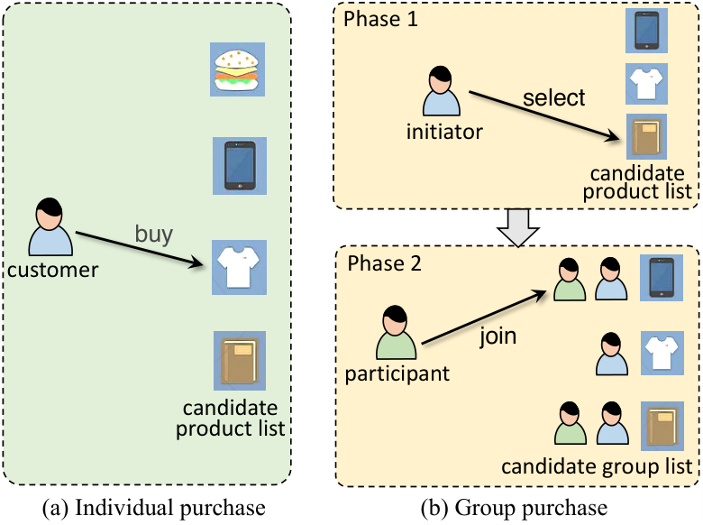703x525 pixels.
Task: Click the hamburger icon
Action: [237, 69]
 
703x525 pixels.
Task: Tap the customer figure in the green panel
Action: [50, 226]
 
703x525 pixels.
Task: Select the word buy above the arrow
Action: [154, 235]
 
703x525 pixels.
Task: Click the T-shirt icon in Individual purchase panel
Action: [239, 267]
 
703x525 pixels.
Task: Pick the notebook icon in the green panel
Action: [240, 361]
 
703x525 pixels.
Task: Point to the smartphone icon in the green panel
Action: [240, 166]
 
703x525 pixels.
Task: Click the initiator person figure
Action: [441, 91]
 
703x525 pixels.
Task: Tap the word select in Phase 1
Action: [553, 97]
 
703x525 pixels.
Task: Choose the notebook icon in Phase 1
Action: [646, 136]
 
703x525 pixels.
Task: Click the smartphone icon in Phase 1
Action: [646, 31]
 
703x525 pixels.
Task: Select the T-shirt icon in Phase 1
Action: [646, 84]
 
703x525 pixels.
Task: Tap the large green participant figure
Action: [396, 333]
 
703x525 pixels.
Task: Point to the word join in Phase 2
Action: [498, 336]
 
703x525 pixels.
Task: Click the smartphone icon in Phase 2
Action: [662, 278]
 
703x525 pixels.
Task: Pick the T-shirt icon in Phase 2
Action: [662, 353]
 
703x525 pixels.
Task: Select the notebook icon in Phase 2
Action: [662, 427]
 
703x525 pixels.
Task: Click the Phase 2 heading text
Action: [384, 263]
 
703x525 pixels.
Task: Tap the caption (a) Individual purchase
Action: [154, 509]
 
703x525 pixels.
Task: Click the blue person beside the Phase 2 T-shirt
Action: [612, 354]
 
